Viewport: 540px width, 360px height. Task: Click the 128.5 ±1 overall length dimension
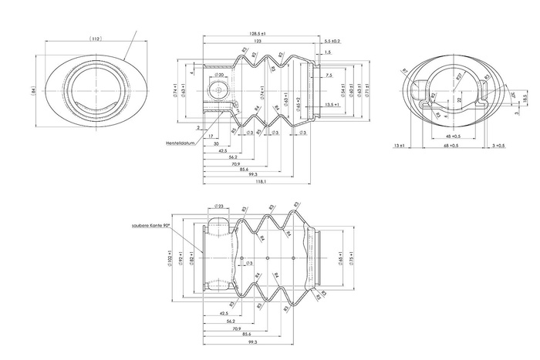[258, 35]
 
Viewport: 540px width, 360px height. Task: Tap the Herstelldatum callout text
[180, 142]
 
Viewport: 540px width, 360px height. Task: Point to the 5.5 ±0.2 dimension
[332, 41]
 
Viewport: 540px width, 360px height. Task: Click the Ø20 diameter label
[219, 76]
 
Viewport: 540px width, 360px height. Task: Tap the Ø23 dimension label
[218, 207]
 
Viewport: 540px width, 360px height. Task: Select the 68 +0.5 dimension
[450, 145]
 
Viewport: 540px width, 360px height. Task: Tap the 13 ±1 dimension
[399, 145]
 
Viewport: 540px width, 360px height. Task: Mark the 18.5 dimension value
[525, 99]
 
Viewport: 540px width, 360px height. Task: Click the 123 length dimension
[257, 42]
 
